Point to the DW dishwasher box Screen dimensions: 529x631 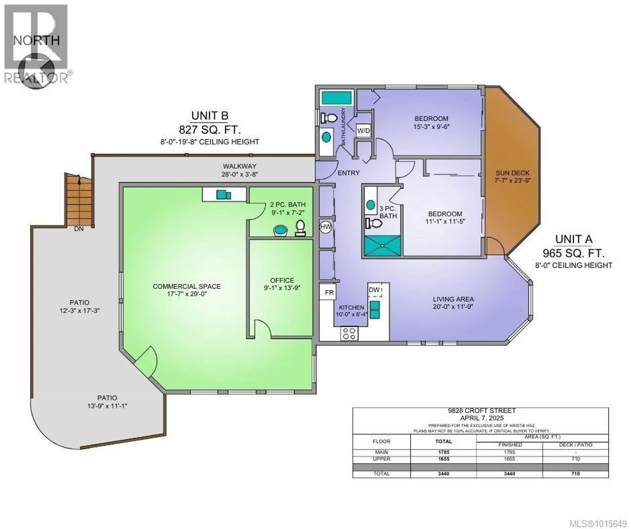375,290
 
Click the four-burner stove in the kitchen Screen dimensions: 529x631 349,334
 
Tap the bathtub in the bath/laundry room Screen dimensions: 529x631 337,98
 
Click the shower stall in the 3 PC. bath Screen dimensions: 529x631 382,246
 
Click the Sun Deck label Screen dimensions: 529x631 512,173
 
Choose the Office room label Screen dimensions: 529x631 282,280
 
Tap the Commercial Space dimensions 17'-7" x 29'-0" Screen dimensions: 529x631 187,294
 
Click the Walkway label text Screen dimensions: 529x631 239,166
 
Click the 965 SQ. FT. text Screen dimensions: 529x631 573,253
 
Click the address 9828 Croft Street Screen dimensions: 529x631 482,411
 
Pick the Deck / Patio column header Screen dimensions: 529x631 575,445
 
